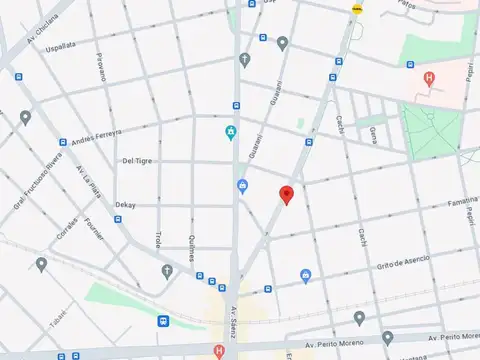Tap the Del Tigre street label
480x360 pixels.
point(137,160)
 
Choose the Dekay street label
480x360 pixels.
point(125,204)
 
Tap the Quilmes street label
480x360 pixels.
point(191,246)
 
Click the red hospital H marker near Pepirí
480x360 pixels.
point(430,78)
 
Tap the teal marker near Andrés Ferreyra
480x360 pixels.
point(231,132)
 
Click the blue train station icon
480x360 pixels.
point(163,321)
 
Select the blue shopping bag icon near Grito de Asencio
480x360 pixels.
point(306,275)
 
